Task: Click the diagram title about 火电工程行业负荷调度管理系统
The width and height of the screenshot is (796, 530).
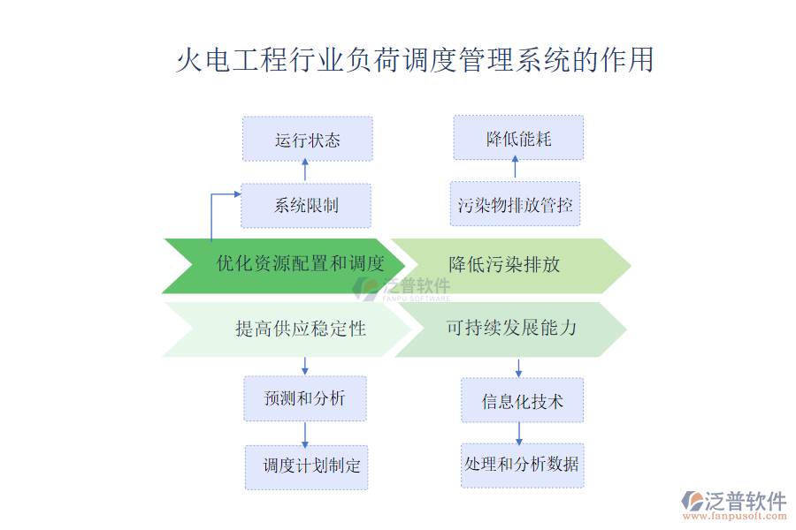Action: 415,59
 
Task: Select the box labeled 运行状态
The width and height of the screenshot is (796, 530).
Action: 307,140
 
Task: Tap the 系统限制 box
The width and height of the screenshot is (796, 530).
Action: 306,206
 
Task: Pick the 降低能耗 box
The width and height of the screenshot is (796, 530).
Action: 518,138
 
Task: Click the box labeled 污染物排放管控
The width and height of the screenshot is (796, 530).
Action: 515,205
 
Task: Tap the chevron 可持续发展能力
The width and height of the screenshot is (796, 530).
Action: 510,329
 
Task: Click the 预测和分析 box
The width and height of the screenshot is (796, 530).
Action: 305,398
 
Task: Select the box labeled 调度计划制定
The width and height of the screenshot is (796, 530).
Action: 306,466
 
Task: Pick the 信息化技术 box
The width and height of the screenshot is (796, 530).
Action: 522,401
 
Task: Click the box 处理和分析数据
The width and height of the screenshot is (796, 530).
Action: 522,465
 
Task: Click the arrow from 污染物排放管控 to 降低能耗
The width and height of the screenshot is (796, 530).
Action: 516,170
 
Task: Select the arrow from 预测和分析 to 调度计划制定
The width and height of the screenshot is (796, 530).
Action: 305,433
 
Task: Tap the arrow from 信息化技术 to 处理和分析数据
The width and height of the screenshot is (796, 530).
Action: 519,432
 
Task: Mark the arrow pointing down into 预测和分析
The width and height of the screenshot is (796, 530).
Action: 305,366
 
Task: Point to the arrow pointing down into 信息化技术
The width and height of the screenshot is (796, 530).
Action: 519,367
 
